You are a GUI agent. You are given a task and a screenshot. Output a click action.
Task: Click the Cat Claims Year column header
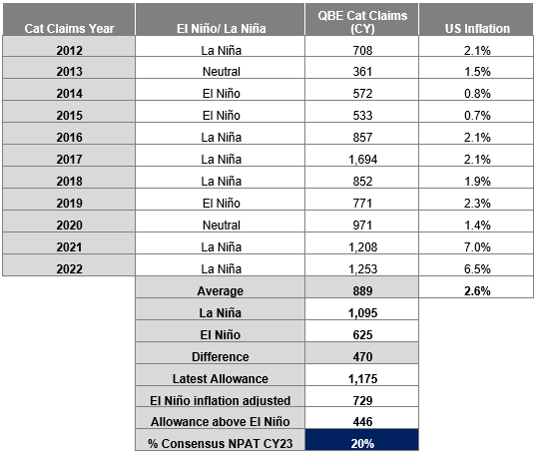[x=69, y=28]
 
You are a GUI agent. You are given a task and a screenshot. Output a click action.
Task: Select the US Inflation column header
[x=477, y=28]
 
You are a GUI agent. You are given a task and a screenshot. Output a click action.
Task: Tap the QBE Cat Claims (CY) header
[x=362, y=22]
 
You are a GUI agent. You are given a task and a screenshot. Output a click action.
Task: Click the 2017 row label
[x=69, y=159]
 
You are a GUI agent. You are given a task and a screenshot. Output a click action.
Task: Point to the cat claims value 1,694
[x=362, y=159]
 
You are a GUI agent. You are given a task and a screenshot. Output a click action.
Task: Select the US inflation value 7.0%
[x=477, y=246]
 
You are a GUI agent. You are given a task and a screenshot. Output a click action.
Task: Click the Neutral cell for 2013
[x=222, y=72]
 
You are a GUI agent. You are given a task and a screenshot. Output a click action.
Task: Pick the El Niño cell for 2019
[x=222, y=203]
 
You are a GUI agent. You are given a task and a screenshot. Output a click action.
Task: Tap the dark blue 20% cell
[x=362, y=440]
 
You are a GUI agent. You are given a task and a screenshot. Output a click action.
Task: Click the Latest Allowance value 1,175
[x=362, y=379]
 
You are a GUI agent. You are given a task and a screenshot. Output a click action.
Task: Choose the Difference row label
[x=221, y=356]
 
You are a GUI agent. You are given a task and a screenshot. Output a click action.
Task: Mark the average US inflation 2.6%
[x=477, y=291]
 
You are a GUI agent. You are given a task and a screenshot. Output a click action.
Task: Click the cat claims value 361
[x=362, y=72]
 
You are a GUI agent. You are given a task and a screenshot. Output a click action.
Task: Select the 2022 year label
[x=69, y=268]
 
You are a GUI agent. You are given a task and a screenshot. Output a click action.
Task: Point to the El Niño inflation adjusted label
[x=221, y=400]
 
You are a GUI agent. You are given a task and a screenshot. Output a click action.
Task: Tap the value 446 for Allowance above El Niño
[x=362, y=422]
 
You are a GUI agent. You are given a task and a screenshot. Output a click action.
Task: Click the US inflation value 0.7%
[x=477, y=116]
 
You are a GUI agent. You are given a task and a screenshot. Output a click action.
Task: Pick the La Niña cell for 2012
[x=222, y=50]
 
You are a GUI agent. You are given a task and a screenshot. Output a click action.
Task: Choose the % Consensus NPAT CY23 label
[x=221, y=444]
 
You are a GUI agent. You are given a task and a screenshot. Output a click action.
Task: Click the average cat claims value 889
[x=362, y=291]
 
